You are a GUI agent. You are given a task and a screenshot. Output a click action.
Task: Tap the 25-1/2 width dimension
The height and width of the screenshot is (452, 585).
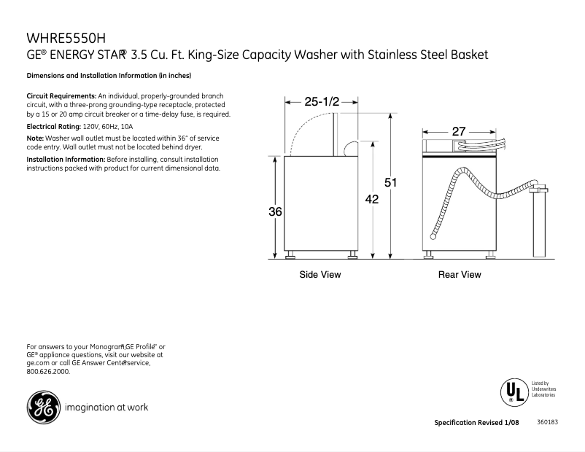(x=322, y=102)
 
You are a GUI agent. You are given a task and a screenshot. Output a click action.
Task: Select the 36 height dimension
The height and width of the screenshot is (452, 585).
(x=274, y=212)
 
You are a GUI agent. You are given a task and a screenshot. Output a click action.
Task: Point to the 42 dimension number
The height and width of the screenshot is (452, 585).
(x=372, y=198)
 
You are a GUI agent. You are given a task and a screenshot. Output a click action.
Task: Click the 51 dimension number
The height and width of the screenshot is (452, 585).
(x=390, y=182)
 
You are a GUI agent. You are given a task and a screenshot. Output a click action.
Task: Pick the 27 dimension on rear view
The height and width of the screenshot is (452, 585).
(x=459, y=131)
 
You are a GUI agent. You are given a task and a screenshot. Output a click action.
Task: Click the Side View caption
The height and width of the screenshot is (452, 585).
(x=319, y=275)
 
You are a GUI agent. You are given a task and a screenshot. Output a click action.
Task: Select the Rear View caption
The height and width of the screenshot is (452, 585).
(x=460, y=275)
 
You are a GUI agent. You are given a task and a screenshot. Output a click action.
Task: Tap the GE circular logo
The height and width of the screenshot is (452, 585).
(x=43, y=408)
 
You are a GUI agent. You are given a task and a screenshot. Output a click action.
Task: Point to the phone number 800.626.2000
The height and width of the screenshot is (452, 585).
(x=48, y=372)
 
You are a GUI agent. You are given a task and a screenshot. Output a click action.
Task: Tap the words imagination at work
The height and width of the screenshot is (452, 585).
(x=106, y=408)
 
